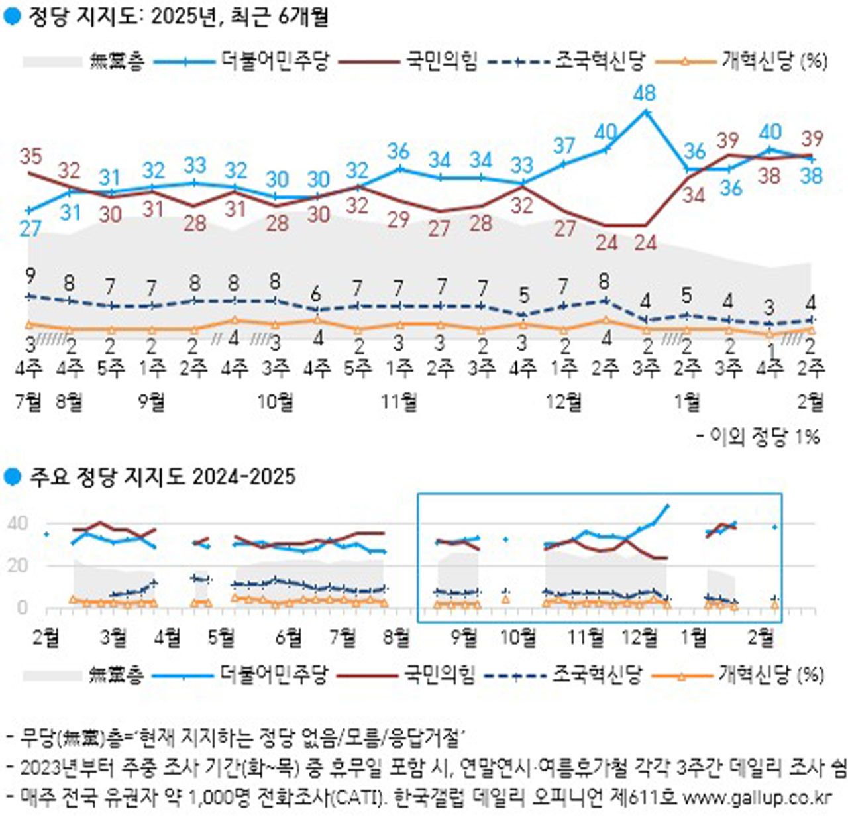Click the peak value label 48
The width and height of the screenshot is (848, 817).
644,93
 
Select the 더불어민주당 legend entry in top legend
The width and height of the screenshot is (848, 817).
275,61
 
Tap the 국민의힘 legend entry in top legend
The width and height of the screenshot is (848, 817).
441,61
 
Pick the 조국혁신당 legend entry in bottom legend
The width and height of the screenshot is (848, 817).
597,675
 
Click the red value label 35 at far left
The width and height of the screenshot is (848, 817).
30,156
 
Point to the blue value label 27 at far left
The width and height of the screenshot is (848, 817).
30,229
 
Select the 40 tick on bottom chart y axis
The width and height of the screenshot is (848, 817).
18,523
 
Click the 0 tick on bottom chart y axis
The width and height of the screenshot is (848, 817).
23,607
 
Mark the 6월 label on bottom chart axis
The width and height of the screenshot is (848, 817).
288,637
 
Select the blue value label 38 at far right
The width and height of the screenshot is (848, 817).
811,176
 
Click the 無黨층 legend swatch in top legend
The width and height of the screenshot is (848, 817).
52,62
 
